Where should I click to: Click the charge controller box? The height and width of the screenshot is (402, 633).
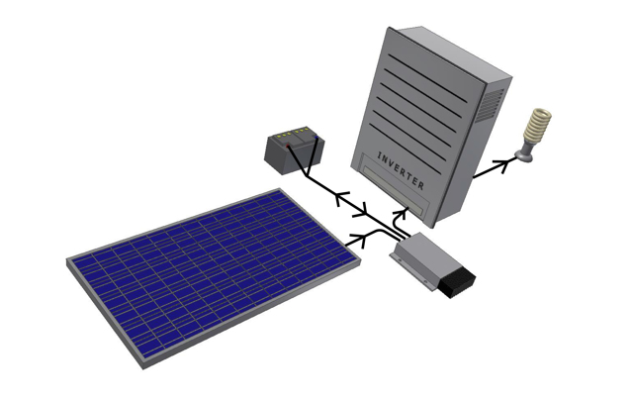430,262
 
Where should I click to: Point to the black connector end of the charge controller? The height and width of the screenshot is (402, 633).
458,282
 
